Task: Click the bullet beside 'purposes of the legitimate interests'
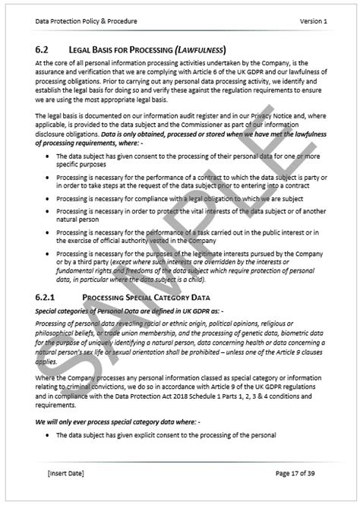pos(47,254)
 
